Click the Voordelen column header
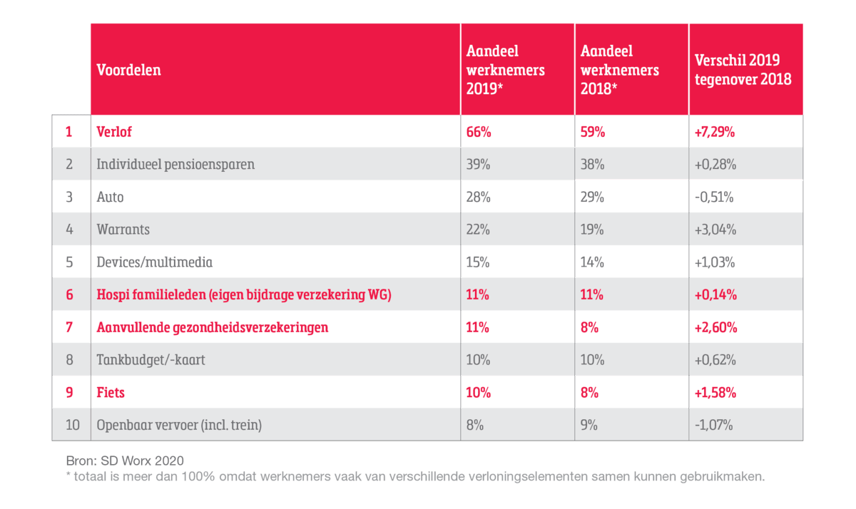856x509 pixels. [x=129, y=70]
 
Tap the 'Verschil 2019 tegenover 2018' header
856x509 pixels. [x=743, y=70]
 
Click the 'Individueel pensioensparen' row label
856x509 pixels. [x=175, y=164]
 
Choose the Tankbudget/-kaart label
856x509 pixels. [x=151, y=359]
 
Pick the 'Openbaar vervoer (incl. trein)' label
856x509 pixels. [x=179, y=425]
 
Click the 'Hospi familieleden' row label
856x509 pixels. [x=243, y=294]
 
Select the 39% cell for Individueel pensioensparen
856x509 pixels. [x=479, y=164]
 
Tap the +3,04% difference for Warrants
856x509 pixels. [x=715, y=230]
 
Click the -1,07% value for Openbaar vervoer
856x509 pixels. [x=714, y=425]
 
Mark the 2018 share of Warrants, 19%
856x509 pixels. [x=592, y=230]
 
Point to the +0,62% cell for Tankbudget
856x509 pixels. [x=715, y=359]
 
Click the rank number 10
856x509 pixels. [x=72, y=425]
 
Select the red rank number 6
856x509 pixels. [x=70, y=294]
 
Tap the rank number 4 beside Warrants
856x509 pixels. [x=70, y=230]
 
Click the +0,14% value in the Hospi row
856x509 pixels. [x=715, y=294]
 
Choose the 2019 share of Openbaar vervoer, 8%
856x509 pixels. [x=475, y=425]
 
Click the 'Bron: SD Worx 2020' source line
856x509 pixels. [x=125, y=460]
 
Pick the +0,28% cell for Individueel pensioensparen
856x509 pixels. [x=715, y=164]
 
